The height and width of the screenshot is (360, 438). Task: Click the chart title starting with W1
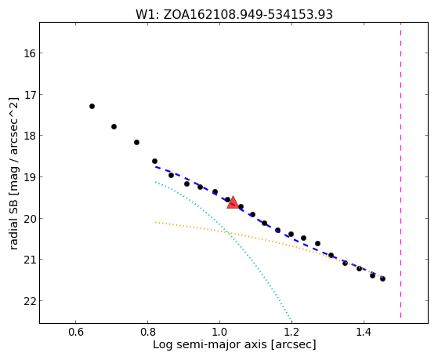[x=234, y=15]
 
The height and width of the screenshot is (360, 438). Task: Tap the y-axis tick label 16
[x=29, y=53]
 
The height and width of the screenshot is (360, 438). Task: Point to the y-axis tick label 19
[x=29, y=177]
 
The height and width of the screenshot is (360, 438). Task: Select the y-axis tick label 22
[x=29, y=301]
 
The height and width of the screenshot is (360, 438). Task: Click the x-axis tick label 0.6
[x=76, y=332]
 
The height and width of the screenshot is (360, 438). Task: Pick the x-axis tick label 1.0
[x=219, y=332]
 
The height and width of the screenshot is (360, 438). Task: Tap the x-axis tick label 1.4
[x=364, y=332]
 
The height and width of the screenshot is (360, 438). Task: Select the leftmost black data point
[x=92, y=107]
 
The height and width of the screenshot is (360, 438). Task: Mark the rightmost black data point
[x=382, y=278]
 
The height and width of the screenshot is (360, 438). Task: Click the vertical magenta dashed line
[x=401, y=170]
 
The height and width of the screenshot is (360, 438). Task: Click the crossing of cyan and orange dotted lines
[x=227, y=232]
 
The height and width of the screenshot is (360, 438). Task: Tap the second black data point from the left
[x=114, y=127]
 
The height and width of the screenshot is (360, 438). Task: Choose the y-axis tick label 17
[x=29, y=95]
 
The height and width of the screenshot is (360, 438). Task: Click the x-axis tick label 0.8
[x=148, y=332]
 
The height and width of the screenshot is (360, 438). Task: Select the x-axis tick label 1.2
[x=291, y=332]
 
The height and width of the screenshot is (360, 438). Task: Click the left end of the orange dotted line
[x=156, y=222]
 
